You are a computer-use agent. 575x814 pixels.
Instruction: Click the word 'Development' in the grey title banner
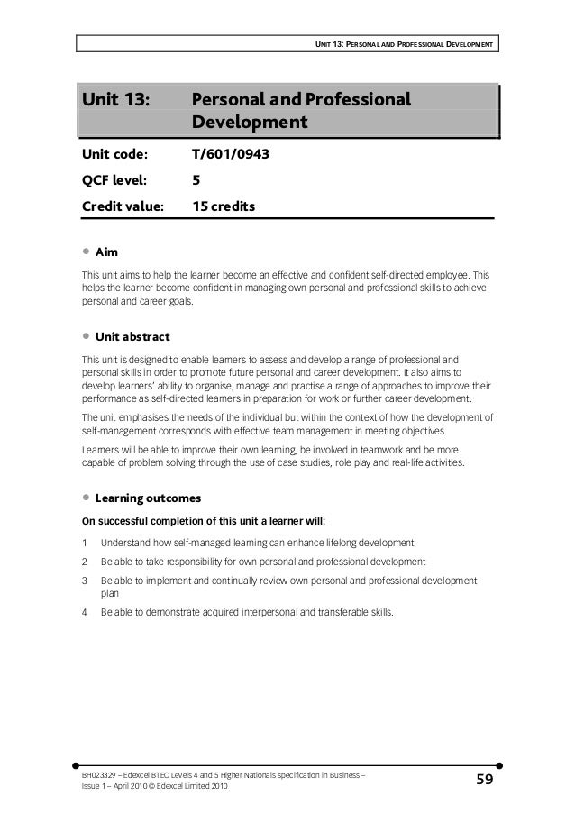250,122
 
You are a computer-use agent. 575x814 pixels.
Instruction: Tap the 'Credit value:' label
123,207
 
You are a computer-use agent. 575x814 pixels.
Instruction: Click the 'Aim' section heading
107,250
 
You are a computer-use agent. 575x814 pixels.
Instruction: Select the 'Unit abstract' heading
132,336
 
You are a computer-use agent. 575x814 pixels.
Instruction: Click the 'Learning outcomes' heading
148,498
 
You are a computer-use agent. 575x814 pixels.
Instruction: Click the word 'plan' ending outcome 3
110,594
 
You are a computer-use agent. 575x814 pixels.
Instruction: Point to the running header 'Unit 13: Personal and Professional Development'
406,42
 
